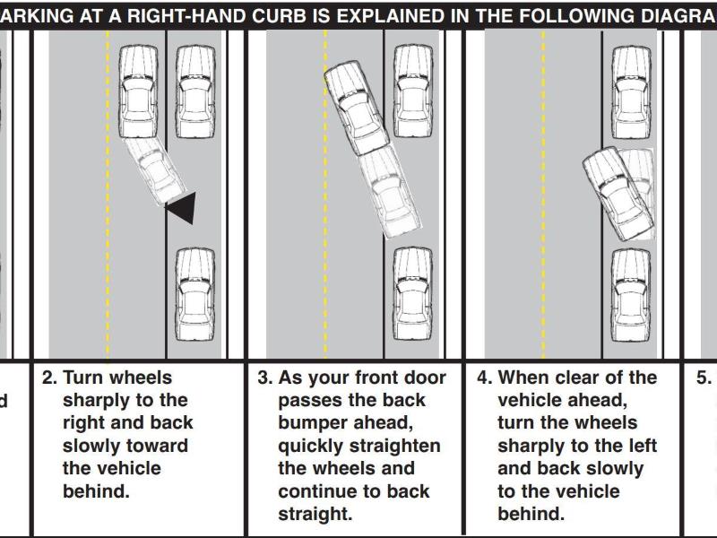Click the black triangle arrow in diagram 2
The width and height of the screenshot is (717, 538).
pyautogui.click(x=182, y=208)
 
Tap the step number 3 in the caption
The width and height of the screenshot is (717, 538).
pyautogui.click(x=265, y=378)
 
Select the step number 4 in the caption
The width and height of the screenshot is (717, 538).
pyautogui.click(x=483, y=378)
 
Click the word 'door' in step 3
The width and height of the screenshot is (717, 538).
pyautogui.click(x=408, y=378)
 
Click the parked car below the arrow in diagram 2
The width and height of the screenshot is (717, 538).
pyautogui.click(x=194, y=294)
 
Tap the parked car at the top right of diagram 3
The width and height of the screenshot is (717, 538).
pyautogui.click(x=413, y=90)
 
